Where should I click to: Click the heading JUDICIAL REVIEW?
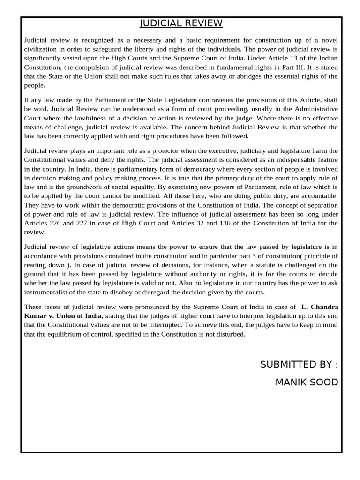pos(181,24)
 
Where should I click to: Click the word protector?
pos(160,150)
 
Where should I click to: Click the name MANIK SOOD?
pos(307,382)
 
